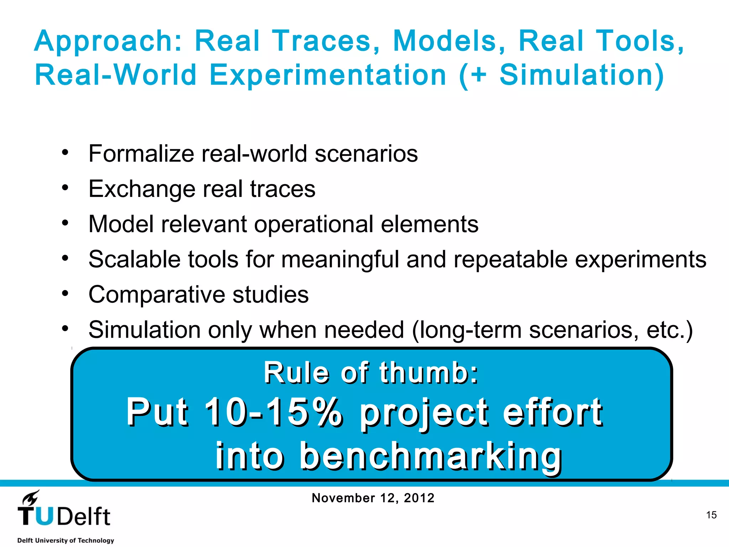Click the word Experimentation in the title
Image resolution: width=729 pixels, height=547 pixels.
[x=327, y=76]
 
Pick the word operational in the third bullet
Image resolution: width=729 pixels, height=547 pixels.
[x=314, y=225]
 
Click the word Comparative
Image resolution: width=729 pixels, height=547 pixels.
[x=157, y=295]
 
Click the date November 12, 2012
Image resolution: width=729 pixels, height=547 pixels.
[x=373, y=498]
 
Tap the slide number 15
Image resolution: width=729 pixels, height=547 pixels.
[x=711, y=515]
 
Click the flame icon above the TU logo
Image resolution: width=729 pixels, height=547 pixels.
[x=31, y=497]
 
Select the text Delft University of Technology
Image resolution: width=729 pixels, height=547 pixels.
[x=65, y=540]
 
